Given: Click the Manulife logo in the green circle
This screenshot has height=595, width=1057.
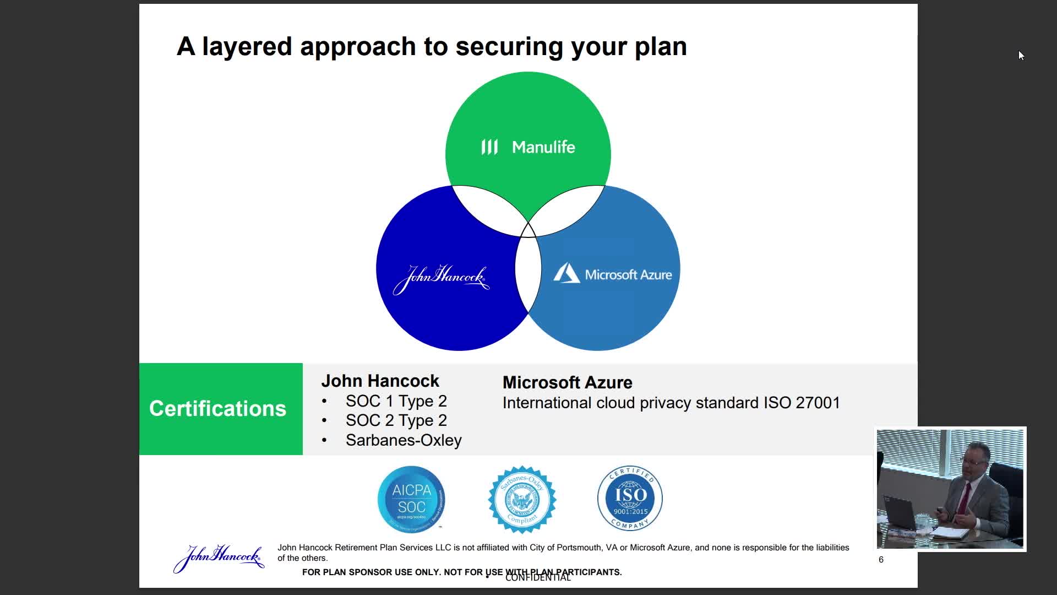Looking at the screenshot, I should pyautogui.click(x=528, y=147).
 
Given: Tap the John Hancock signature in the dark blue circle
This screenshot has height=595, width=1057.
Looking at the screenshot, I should pyautogui.click(x=441, y=279).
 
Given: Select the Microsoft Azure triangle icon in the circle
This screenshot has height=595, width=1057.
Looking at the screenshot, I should pyautogui.click(x=566, y=273).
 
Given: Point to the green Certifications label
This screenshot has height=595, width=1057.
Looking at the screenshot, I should pyautogui.click(x=218, y=409).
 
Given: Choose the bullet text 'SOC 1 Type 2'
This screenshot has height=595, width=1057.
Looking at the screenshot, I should pyautogui.click(x=396, y=401).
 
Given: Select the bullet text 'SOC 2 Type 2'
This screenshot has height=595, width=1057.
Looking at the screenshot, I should pyautogui.click(x=396, y=420).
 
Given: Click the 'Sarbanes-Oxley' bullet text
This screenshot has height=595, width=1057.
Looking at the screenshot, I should pyautogui.click(x=404, y=440).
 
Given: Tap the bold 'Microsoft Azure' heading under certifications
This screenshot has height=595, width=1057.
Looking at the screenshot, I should pyautogui.click(x=567, y=382).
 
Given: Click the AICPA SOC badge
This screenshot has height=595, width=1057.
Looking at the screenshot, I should pyautogui.click(x=411, y=499).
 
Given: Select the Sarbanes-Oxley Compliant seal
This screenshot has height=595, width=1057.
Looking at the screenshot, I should pyautogui.click(x=522, y=499).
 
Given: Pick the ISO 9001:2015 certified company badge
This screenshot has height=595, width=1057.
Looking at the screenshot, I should pyautogui.click(x=630, y=499).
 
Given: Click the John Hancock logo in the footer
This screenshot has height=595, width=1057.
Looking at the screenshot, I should pyautogui.click(x=219, y=558).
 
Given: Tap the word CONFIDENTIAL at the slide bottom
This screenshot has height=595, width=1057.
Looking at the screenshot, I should pyautogui.click(x=538, y=577).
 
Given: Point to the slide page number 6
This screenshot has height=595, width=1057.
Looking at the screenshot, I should pyautogui.click(x=881, y=560).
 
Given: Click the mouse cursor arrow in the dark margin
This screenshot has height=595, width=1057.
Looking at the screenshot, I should pyautogui.click(x=1021, y=55).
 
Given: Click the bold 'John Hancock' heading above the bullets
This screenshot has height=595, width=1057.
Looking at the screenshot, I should pyautogui.click(x=380, y=381).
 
